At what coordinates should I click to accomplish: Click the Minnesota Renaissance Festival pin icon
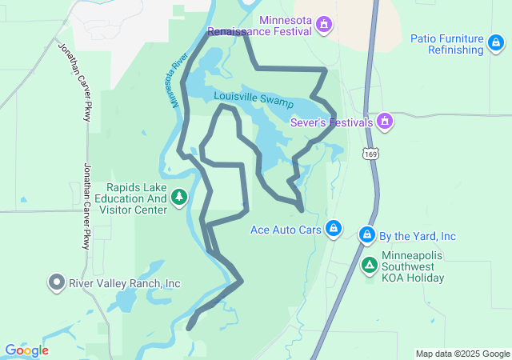click(x=323, y=25)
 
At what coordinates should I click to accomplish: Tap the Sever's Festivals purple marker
click(x=385, y=122)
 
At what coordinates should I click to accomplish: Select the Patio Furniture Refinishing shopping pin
click(x=475, y=50)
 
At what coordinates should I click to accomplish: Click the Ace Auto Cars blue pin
click(x=334, y=230)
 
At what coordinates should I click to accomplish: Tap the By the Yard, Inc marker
click(x=367, y=235)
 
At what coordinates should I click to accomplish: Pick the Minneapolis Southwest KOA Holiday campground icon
click(x=370, y=265)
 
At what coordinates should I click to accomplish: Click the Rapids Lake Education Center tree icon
click(x=179, y=197)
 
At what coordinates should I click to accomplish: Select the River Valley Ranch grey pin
click(x=57, y=283)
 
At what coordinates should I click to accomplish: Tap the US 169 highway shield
click(x=370, y=152)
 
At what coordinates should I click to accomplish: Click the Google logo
click(x=26, y=350)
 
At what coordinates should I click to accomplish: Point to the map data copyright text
click(x=462, y=354)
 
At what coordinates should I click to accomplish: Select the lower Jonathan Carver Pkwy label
click(x=87, y=206)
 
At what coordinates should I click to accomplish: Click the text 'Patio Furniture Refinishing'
click(x=447, y=44)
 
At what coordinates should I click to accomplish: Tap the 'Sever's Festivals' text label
click(x=332, y=122)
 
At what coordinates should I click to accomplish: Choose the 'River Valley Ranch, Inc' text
click(x=125, y=283)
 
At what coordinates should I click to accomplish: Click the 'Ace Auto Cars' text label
click(x=286, y=230)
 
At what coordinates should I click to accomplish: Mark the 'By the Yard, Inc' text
click(x=417, y=236)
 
